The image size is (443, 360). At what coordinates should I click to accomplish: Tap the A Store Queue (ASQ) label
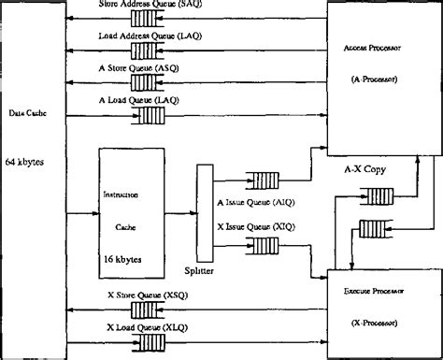pos(141,68)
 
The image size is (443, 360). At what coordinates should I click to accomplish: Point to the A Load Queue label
pos(139,99)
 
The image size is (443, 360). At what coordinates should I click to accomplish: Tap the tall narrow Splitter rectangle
pos(203,211)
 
